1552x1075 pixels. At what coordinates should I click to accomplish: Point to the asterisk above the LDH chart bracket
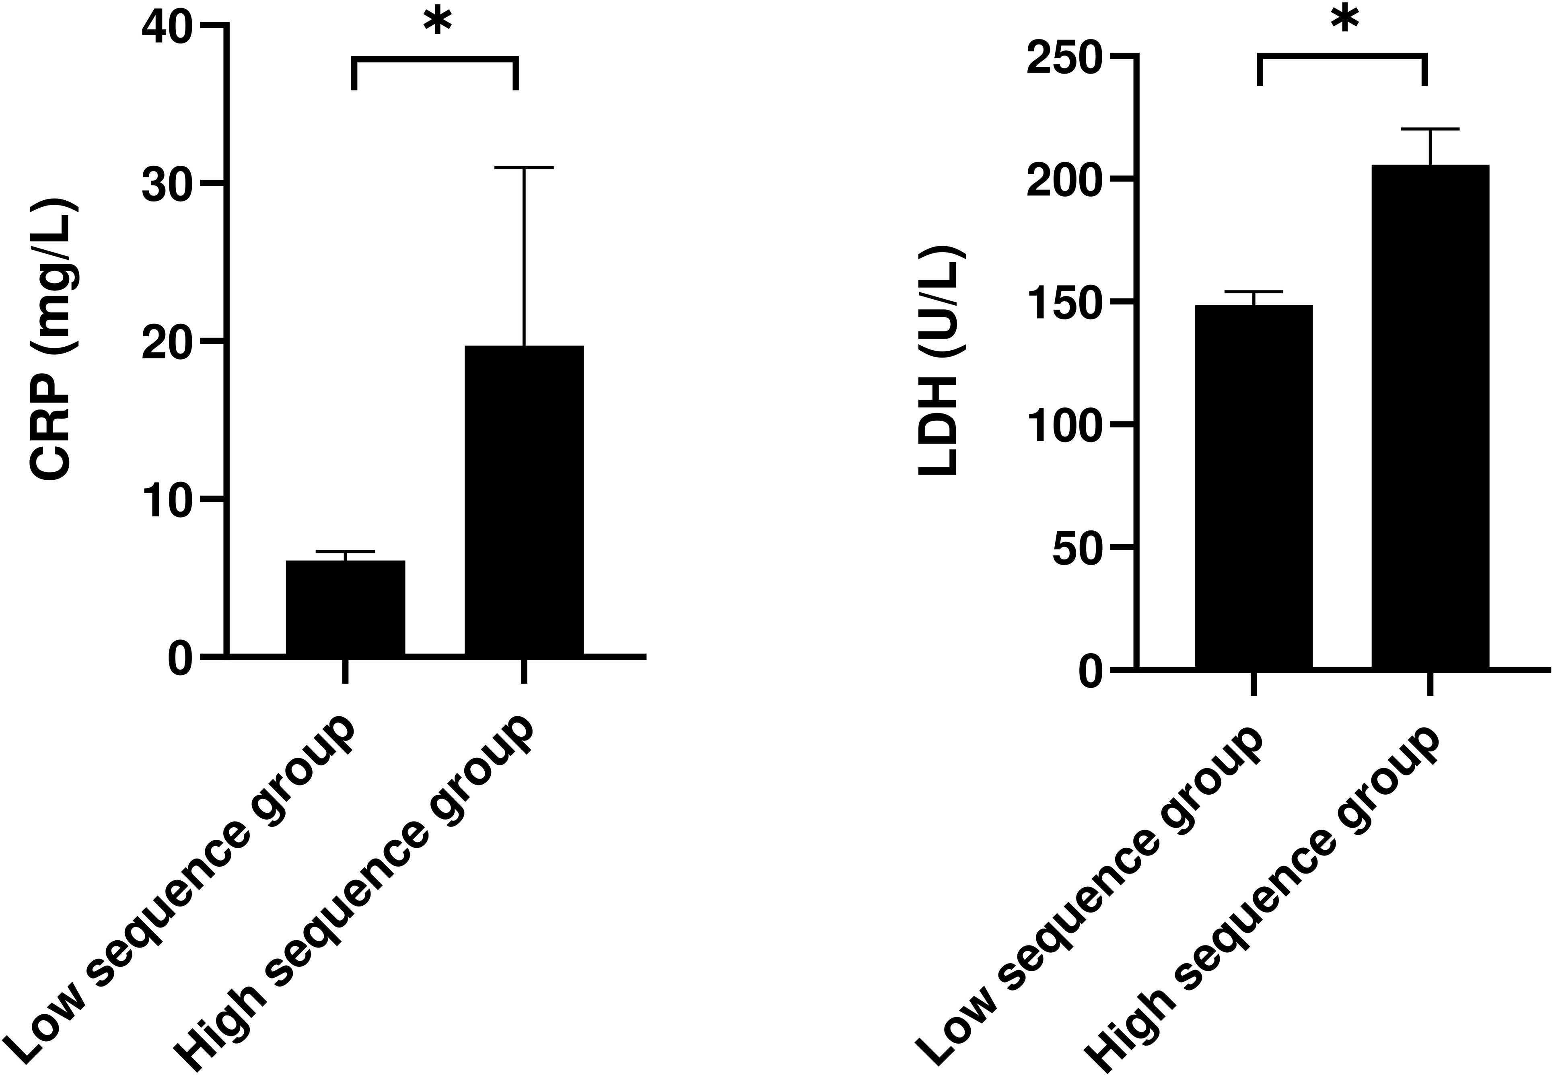coord(1344,20)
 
